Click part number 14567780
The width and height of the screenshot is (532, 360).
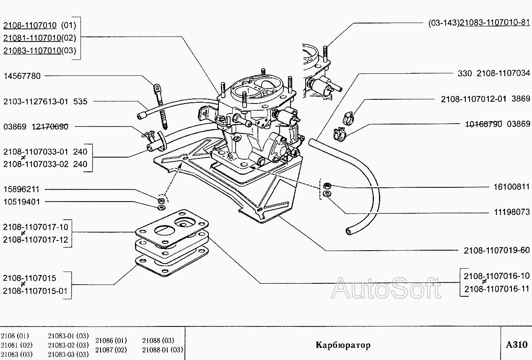coord(22,76)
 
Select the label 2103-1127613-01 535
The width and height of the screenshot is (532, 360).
coord(45,101)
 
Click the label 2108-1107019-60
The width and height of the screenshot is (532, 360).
coord(497,250)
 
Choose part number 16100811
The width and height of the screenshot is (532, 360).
coord(512,187)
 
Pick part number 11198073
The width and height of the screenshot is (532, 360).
coord(512,212)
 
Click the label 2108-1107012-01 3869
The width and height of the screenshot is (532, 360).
coord(485,99)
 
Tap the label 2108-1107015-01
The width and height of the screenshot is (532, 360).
coord(35,291)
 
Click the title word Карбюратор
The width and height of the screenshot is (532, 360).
coord(343,345)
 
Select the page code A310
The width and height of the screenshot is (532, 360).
coord(516,345)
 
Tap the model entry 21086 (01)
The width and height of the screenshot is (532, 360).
coord(111,340)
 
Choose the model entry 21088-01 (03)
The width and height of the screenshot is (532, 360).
coord(163,350)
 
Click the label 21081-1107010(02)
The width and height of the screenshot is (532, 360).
coord(40,38)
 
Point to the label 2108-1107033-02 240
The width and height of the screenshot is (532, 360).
coord(45,164)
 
